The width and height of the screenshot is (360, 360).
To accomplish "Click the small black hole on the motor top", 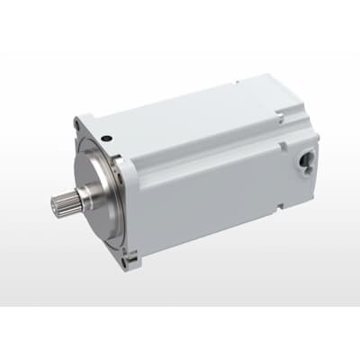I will click(x=106, y=138).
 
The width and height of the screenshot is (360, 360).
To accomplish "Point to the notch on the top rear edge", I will click(x=283, y=115).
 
